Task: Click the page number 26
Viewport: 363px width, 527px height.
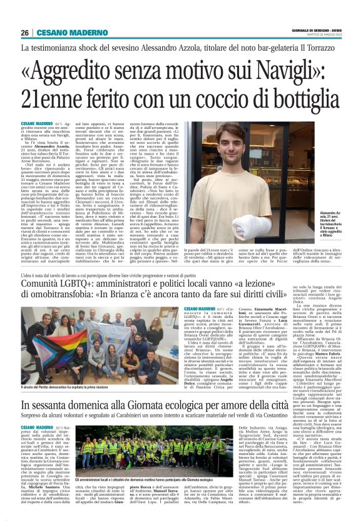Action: [x=24, y=33]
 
